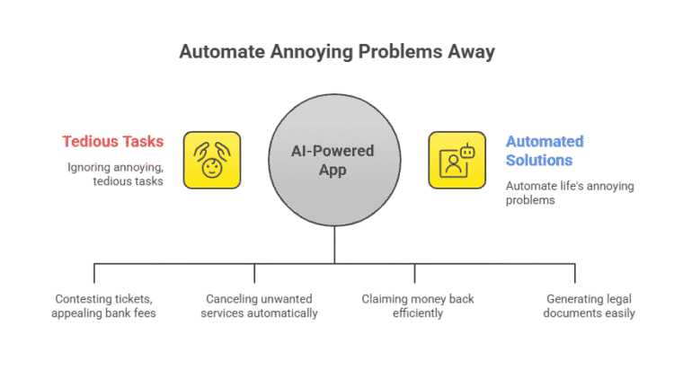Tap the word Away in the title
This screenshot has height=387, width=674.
tap(473, 51)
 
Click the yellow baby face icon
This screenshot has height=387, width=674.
tap(212, 160)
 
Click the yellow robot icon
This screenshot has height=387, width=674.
tap(457, 160)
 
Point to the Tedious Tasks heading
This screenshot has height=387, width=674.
tap(113, 143)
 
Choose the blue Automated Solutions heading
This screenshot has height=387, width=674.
tap(545, 150)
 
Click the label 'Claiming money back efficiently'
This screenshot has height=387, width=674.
tap(417, 305)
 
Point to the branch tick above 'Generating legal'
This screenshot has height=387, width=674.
tap(573, 274)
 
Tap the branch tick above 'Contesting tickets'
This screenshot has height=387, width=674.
tap(94, 274)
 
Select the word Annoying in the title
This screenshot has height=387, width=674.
tap(309, 51)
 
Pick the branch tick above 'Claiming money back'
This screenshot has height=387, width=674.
tap(414, 274)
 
